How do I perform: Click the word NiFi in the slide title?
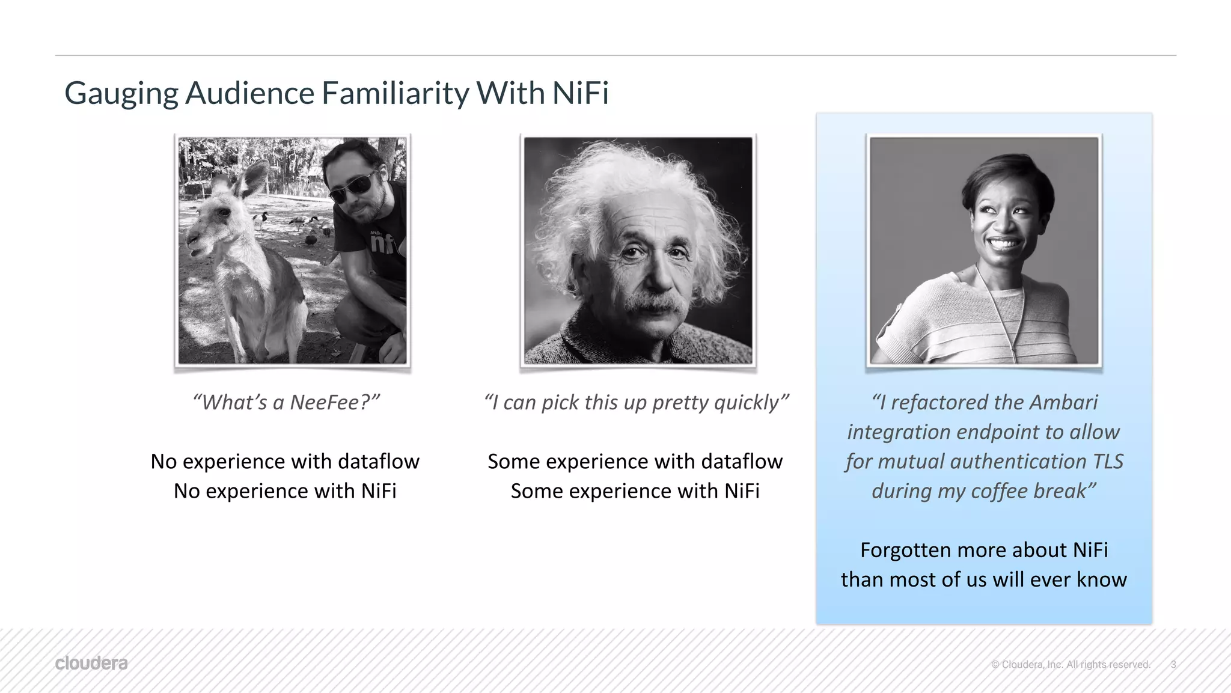(580, 93)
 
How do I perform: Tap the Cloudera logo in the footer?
(91, 664)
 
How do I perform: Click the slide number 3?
(1173, 664)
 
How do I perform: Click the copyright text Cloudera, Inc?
(1040, 664)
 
